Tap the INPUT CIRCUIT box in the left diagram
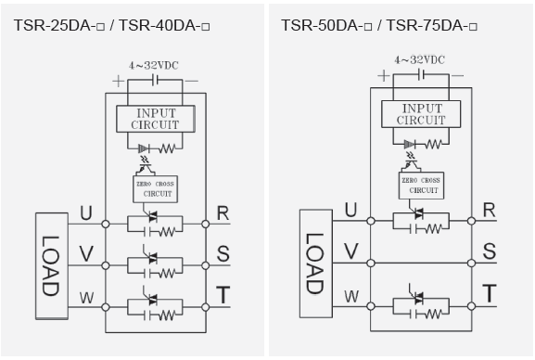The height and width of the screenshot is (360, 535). click(x=156, y=118)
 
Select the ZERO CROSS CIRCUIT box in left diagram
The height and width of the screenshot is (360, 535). click(x=155, y=189)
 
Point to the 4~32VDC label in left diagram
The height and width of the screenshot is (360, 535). click(x=156, y=66)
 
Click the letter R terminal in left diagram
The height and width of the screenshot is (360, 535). click(x=223, y=213)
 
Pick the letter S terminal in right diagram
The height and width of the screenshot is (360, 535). click(x=489, y=251)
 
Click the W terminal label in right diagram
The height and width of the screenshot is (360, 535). click(x=351, y=296)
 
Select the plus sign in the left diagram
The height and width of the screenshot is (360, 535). click(x=117, y=81)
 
